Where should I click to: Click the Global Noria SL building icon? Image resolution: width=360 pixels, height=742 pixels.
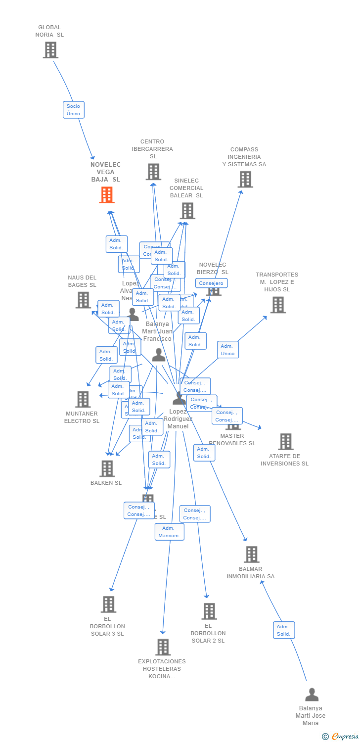point(50,50)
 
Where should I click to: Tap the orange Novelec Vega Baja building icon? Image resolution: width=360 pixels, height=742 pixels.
point(107,195)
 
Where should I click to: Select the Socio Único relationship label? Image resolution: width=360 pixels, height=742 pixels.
point(73,110)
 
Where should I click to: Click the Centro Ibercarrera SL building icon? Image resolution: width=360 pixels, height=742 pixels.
point(153,172)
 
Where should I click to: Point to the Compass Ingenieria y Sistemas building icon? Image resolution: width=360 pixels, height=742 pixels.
point(245,179)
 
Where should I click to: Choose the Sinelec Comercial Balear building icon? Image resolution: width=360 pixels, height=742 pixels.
point(187,211)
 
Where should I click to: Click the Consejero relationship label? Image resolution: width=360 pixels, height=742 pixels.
point(211,283)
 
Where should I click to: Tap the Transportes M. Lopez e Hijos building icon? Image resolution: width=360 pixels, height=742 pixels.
point(278,305)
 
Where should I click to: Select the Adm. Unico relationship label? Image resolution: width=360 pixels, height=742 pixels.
point(227,350)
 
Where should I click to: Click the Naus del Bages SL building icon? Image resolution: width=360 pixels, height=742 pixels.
point(83,300)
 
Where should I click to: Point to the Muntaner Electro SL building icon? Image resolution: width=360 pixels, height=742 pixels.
point(83,399)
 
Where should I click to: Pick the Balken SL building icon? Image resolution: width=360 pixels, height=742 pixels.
point(107,468)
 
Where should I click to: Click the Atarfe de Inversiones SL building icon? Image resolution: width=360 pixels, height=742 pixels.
point(285,441)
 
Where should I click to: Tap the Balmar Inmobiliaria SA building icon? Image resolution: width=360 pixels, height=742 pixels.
point(252,555)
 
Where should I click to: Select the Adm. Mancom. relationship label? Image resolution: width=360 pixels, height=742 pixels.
point(169,532)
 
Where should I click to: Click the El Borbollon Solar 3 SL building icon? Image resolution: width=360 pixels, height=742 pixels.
point(108,604)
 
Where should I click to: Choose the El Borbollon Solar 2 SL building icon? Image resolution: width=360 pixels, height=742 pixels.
point(209,611)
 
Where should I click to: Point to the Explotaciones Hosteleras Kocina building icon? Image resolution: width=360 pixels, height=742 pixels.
point(163,647)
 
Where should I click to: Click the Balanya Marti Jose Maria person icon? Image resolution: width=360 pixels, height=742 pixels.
point(312,695)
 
